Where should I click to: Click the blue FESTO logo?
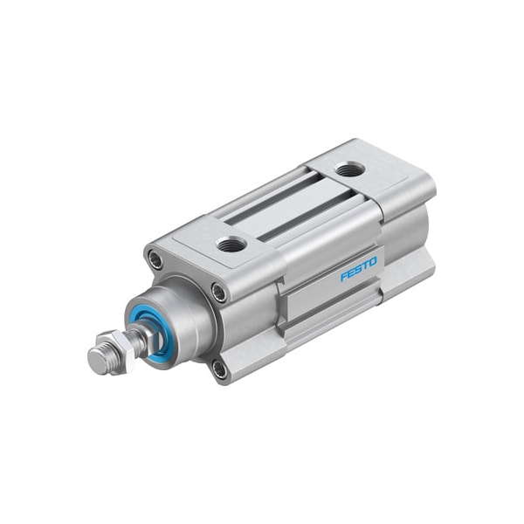[x=359, y=268]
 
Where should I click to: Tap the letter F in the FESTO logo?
[x=343, y=277]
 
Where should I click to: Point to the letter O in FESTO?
[x=372, y=261]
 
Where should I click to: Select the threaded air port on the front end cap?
[x=231, y=244]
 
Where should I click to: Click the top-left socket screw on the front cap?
[x=155, y=259]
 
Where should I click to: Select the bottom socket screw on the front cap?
[x=219, y=369]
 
